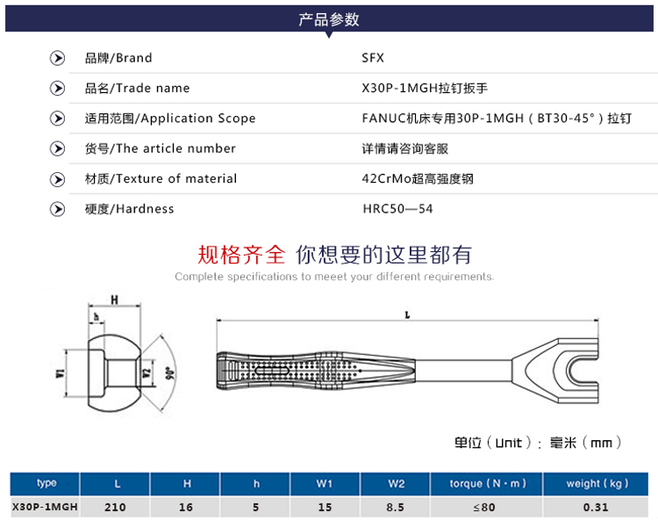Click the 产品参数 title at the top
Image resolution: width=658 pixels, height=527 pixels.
coord(329,19)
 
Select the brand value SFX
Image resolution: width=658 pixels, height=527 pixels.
coord(373,58)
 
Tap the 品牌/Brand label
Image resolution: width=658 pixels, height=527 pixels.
coord(118,58)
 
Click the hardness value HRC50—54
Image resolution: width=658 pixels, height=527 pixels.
coord(397,209)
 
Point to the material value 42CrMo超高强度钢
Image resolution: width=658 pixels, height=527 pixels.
coord(418,178)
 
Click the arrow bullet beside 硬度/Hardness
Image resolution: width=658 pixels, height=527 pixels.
coord(58,209)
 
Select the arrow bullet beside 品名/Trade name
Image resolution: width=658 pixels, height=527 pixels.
coord(58,88)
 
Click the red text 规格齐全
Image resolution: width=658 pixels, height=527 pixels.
coord(242,255)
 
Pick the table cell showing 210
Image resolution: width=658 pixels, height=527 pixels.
coord(115,507)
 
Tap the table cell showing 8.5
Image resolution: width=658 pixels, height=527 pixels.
coord(396,507)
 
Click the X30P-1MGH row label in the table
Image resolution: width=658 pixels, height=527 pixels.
coord(45,507)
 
